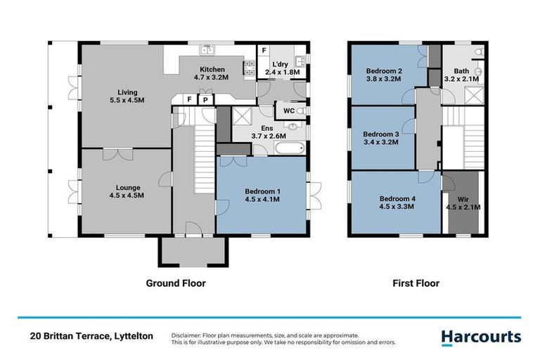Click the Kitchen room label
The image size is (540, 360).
[212, 70]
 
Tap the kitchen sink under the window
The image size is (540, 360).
[207, 50]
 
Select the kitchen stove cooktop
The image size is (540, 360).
[249, 67]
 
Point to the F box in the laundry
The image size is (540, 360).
[264, 51]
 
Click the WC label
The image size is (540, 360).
[289, 111]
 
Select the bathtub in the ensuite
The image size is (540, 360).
[288, 148]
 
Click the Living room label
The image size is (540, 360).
[127, 92]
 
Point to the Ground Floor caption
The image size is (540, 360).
[175, 283]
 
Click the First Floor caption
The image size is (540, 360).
[416, 283]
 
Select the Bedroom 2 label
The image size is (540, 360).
[384, 71]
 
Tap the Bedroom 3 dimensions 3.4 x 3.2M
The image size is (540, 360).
[380, 142]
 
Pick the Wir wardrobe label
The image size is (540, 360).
[463, 199]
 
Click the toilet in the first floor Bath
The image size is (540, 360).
[477, 52]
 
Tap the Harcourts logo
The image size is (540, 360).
[481, 337]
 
